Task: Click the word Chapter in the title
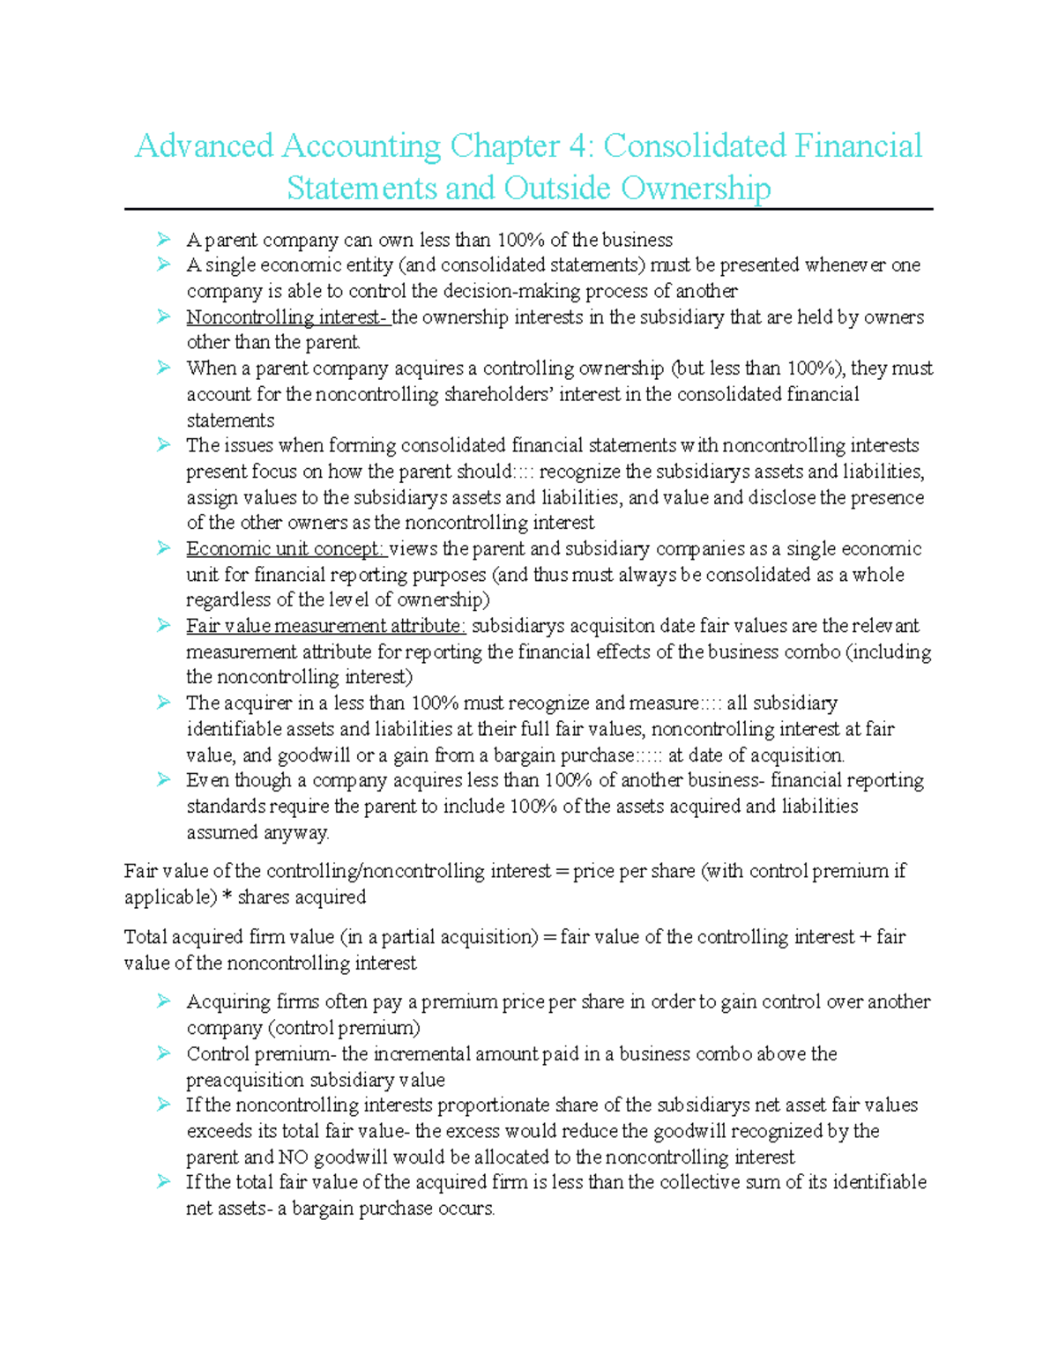coord(504,146)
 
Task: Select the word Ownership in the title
coord(696,189)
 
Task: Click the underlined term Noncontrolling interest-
coord(287,317)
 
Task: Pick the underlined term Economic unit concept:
coord(286,549)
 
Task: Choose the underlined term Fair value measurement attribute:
coord(325,627)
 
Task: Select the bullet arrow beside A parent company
coord(163,240)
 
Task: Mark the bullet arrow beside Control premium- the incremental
coord(163,1053)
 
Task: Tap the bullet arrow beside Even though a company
coord(163,780)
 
